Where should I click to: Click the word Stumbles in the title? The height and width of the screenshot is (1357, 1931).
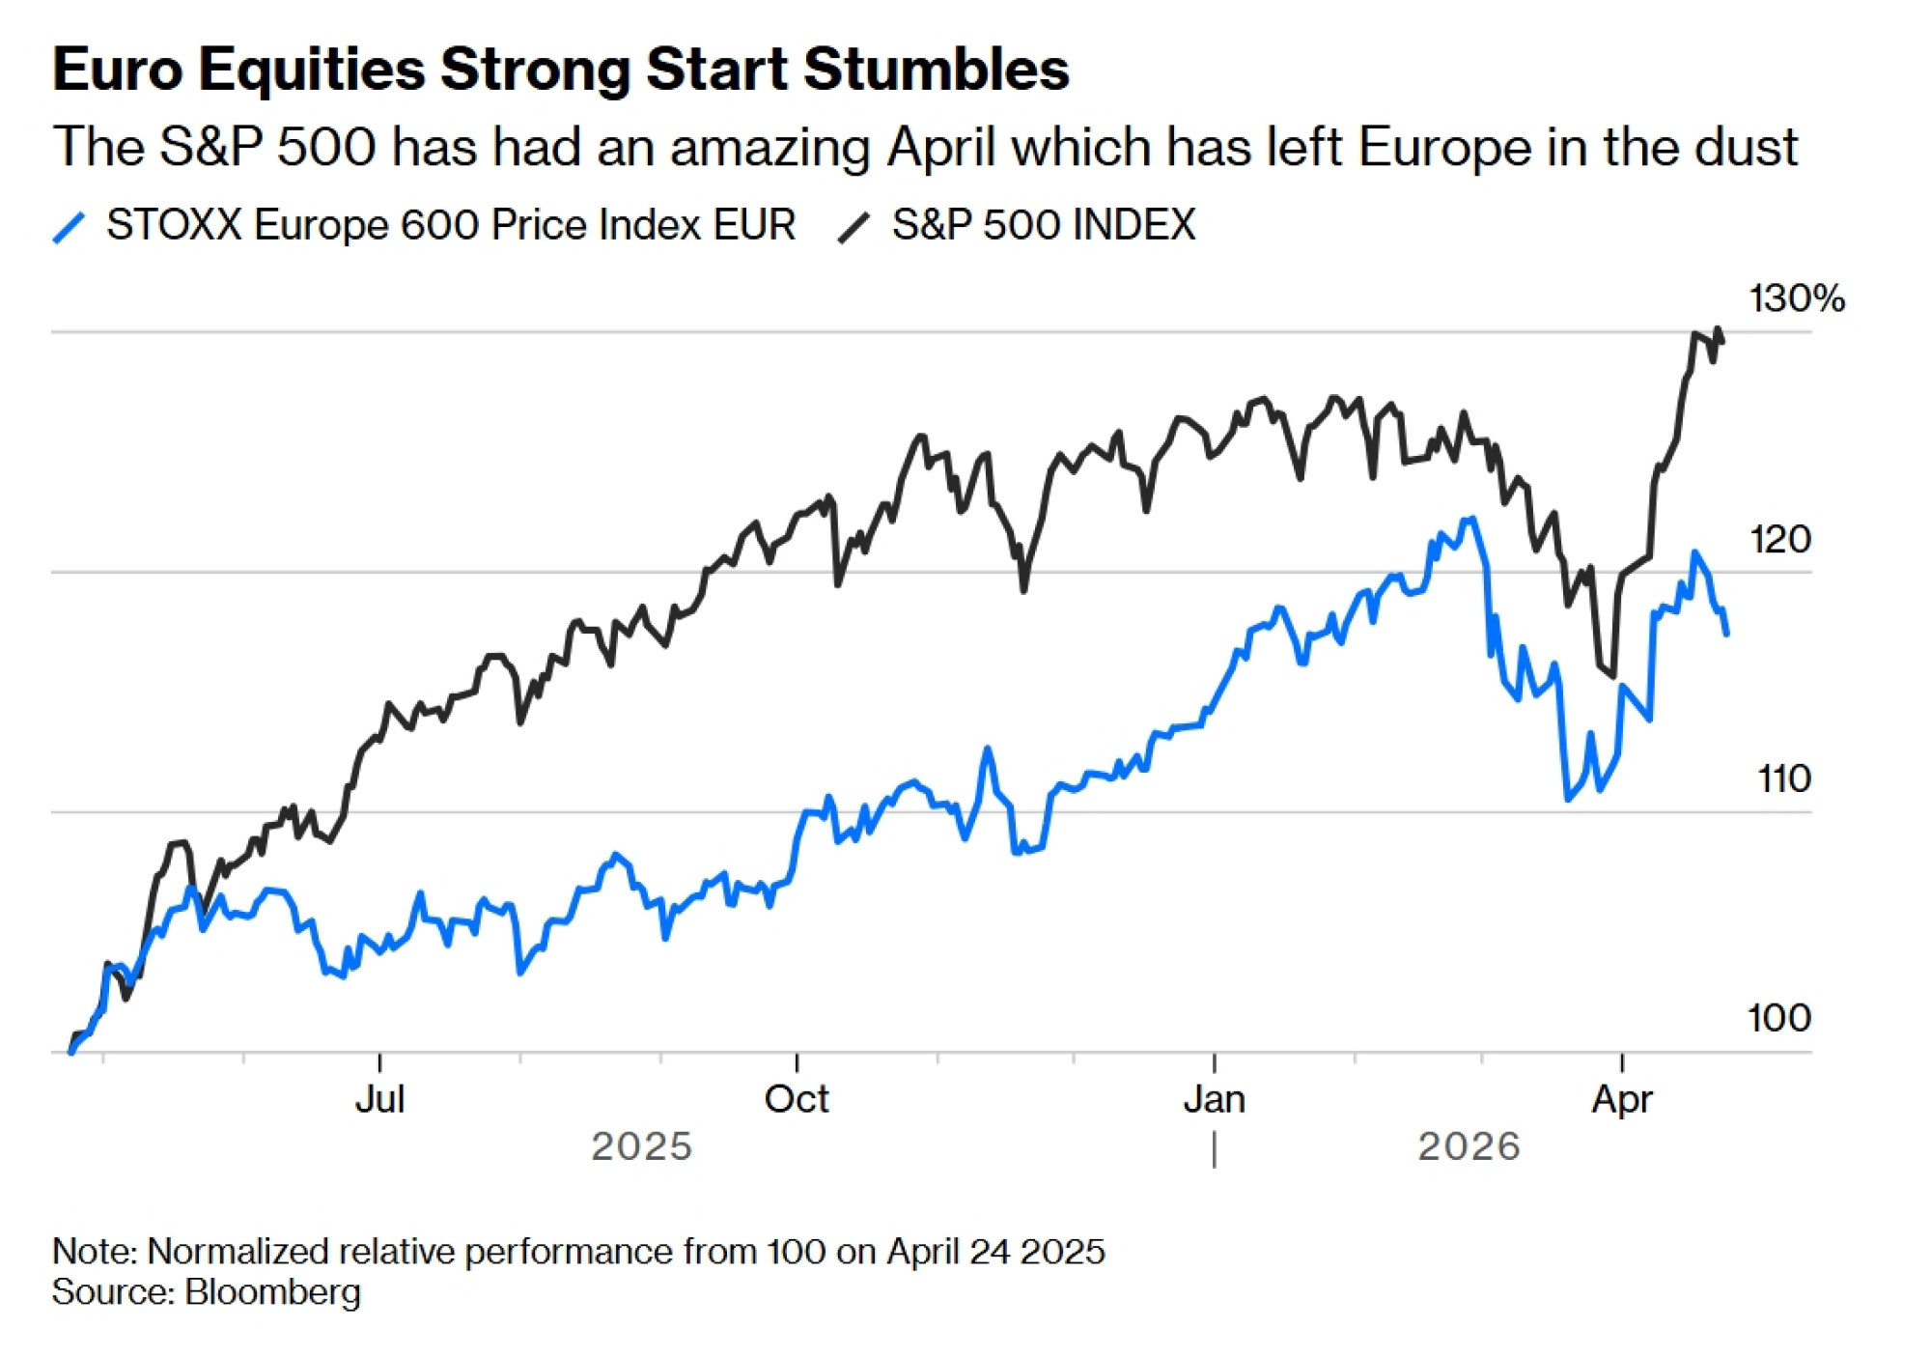(x=936, y=70)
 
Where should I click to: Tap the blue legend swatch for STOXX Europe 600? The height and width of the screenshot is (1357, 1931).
(x=70, y=227)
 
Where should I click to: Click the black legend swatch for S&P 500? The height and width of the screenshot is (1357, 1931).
(x=854, y=227)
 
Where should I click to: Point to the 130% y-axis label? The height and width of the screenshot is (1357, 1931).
(x=1796, y=298)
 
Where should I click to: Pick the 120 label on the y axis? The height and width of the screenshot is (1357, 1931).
(x=1779, y=539)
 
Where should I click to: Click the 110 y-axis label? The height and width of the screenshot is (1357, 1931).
(x=1783, y=778)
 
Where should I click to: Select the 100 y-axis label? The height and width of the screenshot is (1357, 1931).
(x=1778, y=1018)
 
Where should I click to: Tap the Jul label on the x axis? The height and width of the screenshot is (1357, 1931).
(x=379, y=1099)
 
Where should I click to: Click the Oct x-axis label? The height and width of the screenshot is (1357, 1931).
(x=797, y=1099)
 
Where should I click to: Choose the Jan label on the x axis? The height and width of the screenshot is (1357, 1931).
(x=1214, y=1099)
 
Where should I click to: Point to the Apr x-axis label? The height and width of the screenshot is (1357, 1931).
(x=1622, y=1099)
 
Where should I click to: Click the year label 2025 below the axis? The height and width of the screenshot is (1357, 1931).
(x=641, y=1146)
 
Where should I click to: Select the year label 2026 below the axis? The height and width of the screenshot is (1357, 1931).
(x=1469, y=1146)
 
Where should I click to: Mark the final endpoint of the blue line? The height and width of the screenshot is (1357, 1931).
(x=1726, y=634)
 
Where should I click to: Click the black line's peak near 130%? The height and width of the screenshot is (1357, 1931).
(x=1718, y=329)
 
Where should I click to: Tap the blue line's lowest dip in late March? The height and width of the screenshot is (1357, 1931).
(x=1568, y=799)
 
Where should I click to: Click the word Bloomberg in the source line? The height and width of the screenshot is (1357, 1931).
(x=273, y=1292)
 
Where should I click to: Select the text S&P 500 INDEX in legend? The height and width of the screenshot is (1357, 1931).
(x=1043, y=225)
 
